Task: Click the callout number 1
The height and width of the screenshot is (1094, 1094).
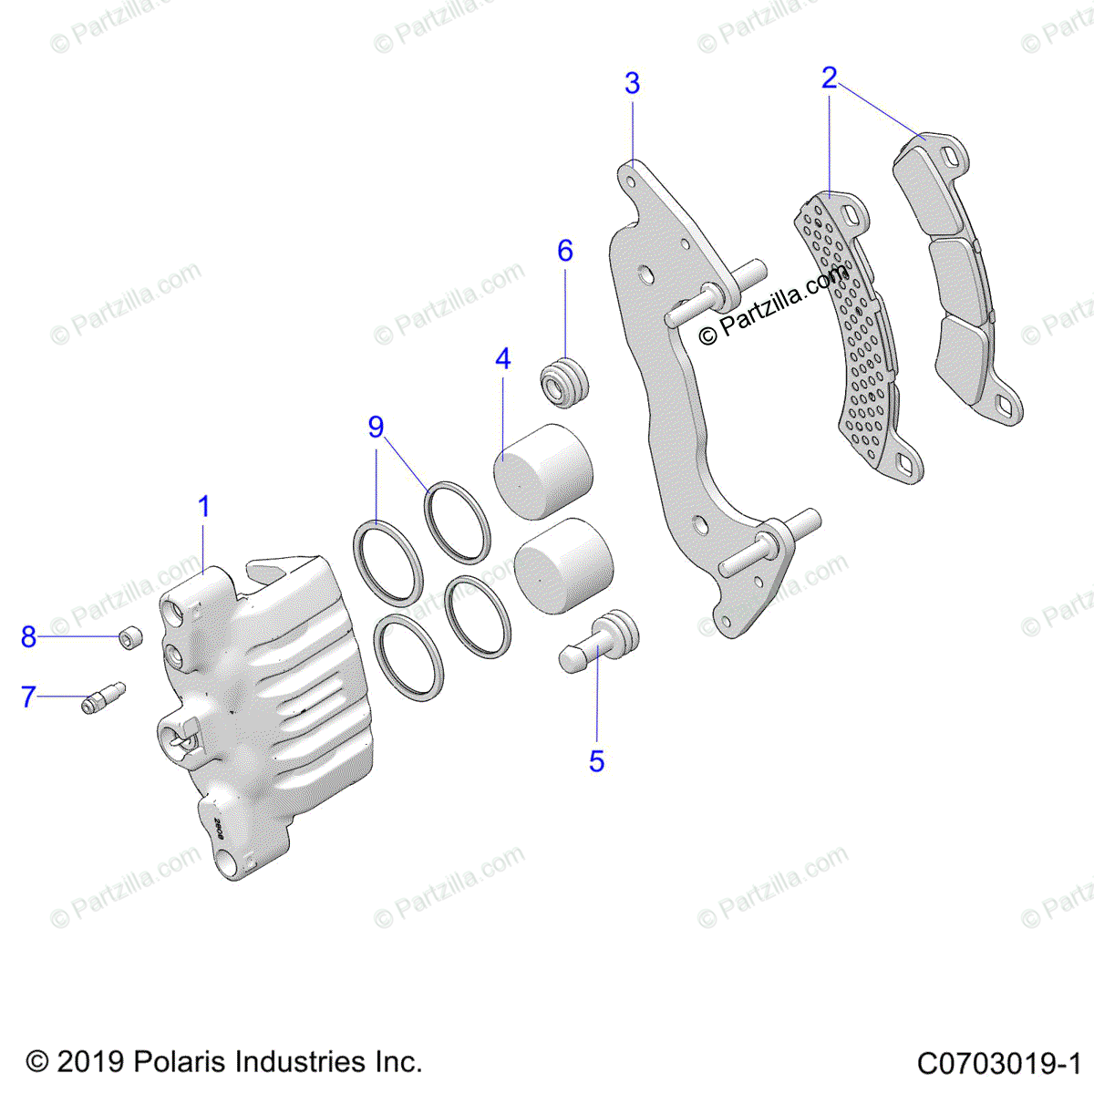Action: [x=204, y=507]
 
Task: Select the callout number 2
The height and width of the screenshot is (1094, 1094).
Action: [x=829, y=78]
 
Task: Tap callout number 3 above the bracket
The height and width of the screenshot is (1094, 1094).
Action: [x=632, y=84]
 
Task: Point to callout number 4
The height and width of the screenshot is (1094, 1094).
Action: [x=502, y=359]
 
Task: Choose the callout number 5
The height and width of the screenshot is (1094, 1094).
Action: [x=596, y=760]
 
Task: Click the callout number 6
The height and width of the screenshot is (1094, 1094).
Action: [x=565, y=251]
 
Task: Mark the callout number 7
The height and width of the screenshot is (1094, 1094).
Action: [x=28, y=697]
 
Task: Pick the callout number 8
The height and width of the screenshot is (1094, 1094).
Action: [x=28, y=637]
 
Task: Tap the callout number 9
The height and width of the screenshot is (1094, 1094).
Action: [x=376, y=427]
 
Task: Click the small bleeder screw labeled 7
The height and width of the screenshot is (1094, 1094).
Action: [x=102, y=697]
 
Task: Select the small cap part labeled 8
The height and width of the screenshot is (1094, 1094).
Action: [x=131, y=637]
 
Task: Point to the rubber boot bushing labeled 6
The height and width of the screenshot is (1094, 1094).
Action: [x=566, y=383]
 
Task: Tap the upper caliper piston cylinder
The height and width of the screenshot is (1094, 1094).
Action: [x=543, y=471]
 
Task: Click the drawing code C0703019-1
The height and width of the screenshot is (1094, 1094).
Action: [x=998, y=1063]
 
